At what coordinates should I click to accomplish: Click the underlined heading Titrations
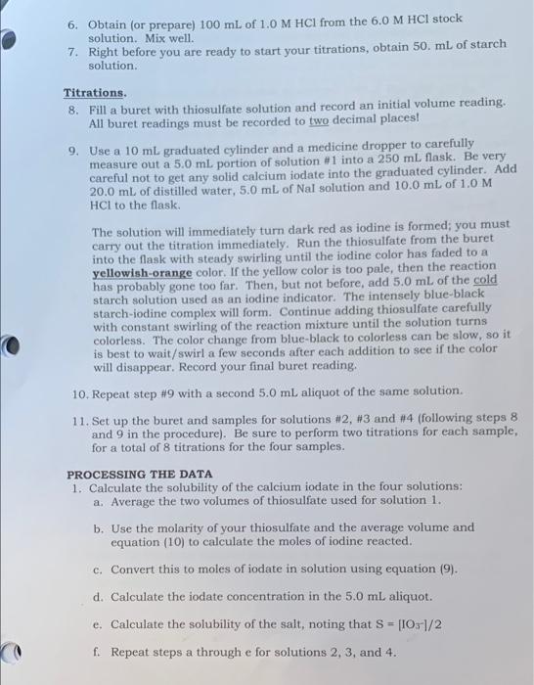coord(95,92)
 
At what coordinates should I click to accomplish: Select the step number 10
coord(81,390)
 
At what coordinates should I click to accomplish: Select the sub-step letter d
coord(98,596)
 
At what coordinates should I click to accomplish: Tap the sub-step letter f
coord(98,652)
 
